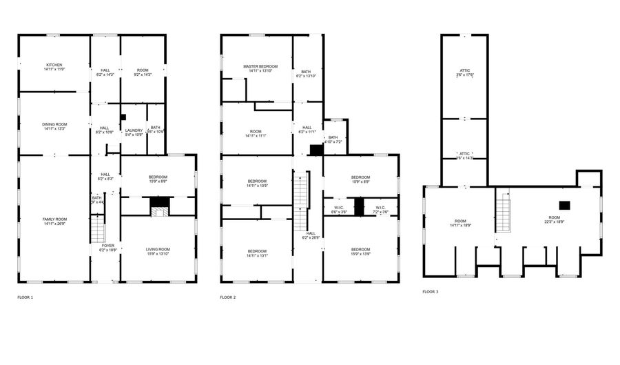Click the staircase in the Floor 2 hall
click(x=300, y=200)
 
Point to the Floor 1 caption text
click(x=25, y=297)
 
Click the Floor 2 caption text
click(x=227, y=297)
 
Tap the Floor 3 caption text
click(x=430, y=292)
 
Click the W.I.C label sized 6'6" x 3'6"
click(x=338, y=210)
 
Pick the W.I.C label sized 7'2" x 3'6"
click(x=381, y=210)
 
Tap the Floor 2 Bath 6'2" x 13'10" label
click(x=305, y=73)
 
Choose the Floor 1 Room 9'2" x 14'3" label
click(x=143, y=72)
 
